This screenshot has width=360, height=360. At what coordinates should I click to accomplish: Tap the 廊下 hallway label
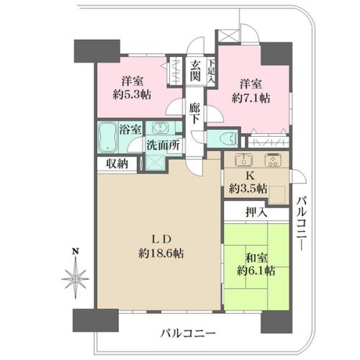click(x=194, y=114)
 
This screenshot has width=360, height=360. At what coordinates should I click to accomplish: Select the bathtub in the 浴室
click(x=108, y=138)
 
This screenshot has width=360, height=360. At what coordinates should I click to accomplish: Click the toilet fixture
click(x=229, y=139)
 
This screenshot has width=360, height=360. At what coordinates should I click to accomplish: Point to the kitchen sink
click(x=244, y=160)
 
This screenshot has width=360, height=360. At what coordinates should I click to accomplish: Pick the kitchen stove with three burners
click(x=273, y=160)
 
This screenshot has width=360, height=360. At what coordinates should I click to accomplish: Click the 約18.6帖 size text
click(x=161, y=253)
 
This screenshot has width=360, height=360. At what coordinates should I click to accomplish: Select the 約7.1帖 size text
click(x=251, y=98)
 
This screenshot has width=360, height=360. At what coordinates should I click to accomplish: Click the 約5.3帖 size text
click(x=132, y=94)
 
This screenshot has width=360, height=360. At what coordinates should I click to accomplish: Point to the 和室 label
click(x=256, y=258)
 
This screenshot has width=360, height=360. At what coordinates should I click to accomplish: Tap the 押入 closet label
click(x=256, y=212)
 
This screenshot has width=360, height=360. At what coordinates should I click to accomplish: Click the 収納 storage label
click(x=117, y=163)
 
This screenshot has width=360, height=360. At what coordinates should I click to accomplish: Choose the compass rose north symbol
click(x=76, y=278)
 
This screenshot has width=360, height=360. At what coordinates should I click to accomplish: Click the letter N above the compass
click(x=76, y=251)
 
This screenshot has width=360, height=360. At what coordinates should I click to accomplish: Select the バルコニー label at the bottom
click(x=188, y=333)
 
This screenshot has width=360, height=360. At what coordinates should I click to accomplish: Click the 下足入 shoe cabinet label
click(x=211, y=71)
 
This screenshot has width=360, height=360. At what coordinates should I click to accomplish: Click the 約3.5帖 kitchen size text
click(x=248, y=189)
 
